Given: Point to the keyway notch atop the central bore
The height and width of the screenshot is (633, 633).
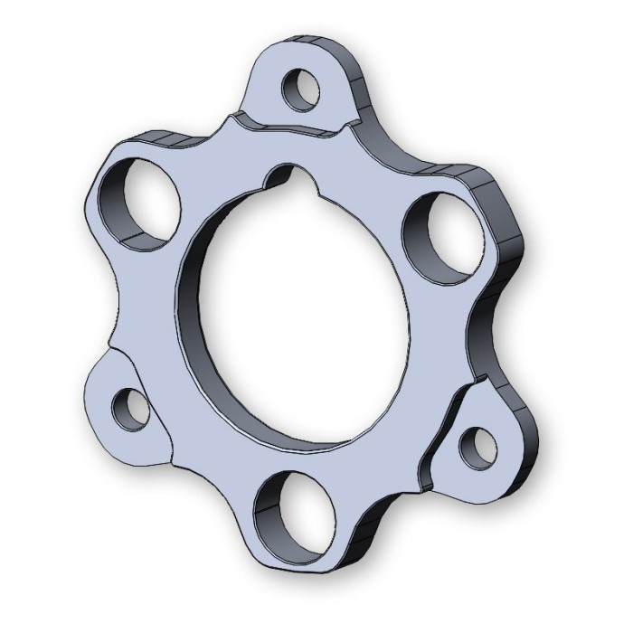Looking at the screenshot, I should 287,175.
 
